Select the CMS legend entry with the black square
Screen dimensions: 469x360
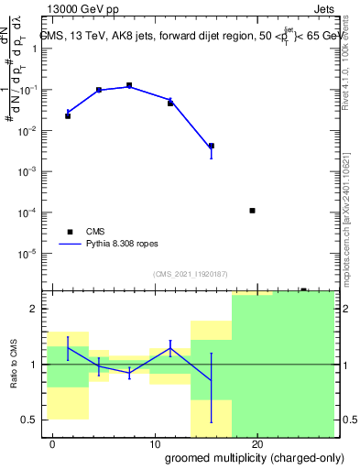point(70,232)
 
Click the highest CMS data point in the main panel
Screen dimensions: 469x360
point(129,85)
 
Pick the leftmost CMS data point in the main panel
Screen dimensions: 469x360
point(68,116)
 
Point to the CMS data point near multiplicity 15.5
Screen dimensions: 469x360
point(212,146)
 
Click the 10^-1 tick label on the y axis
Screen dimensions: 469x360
point(30,91)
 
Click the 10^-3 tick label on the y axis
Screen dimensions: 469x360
point(30,172)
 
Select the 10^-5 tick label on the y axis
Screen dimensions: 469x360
point(30,253)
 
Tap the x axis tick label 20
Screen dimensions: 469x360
point(258,443)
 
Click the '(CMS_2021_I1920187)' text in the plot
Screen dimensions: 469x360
point(189,274)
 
